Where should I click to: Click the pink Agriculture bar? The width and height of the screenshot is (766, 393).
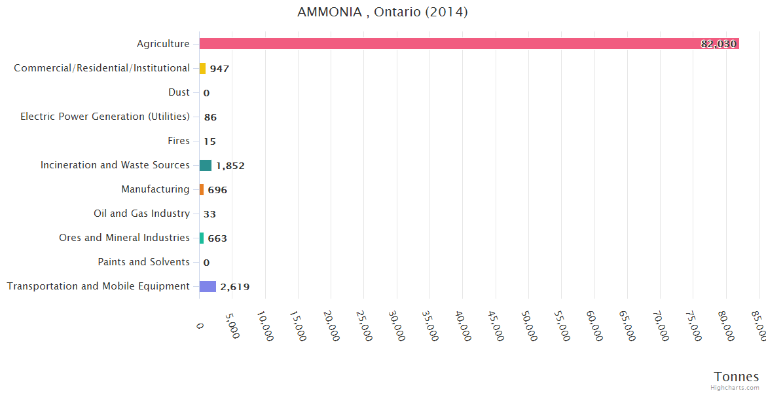click(458, 44)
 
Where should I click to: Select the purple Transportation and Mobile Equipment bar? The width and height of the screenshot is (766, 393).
click(208, 286)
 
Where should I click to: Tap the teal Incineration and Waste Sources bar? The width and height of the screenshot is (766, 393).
click(206, 165)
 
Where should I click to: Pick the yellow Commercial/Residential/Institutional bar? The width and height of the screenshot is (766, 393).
click(202, 68)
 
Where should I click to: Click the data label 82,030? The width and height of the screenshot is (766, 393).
click(719, 44)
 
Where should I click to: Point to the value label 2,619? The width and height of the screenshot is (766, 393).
click(234, 287)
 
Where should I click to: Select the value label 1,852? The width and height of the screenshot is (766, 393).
click(230, 166)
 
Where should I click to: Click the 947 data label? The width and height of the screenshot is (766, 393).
click(219, 69)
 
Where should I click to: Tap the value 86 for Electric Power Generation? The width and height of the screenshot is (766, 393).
click(210, 117)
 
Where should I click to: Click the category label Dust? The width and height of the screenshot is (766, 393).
click(179, 92)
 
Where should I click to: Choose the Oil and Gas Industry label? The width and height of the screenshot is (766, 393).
click(142, 214)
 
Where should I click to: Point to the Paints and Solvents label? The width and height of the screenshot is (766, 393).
click(144, 262)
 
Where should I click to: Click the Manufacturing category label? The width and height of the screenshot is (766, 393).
click(155, 189)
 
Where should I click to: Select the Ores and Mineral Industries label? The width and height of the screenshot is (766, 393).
click(124, 238)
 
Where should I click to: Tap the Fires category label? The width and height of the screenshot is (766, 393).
click(179, 141)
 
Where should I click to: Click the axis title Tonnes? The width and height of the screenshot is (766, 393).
click(737, 377)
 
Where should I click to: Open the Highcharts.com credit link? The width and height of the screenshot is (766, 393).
click(735, 388)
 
